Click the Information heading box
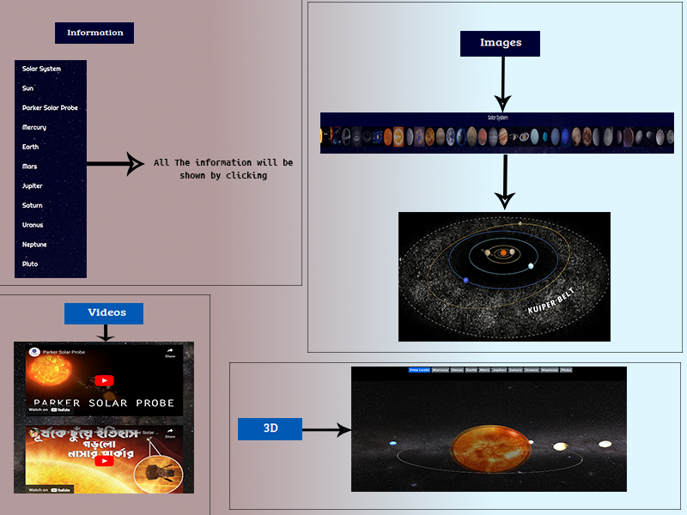tap(94, 33)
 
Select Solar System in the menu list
tap(41, 69)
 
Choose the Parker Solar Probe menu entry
tap(50, 108)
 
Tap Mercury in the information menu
tap(34, 128)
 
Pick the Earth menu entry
tap(30, 148)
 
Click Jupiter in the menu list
tap(33, 186)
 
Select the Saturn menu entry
tap(33, 206)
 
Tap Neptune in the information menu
tap(34, 245)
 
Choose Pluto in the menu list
tap(30, 264)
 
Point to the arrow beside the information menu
tap(116, 164)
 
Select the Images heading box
tap(501, 43)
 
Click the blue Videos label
tap(104, 313)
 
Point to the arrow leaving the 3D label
tap(326, 429)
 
